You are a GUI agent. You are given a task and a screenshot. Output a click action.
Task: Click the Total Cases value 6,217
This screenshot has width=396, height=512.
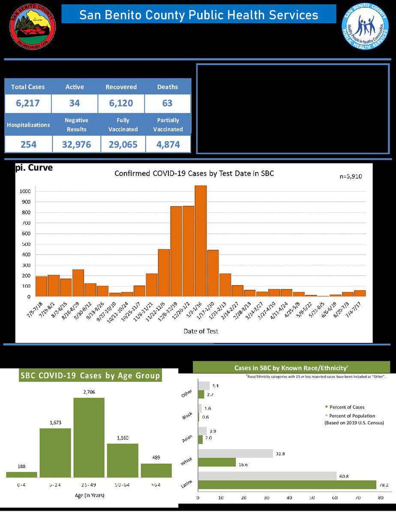(x=28, y=103)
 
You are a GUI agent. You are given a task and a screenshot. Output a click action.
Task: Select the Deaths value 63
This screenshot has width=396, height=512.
(x=167, y=103)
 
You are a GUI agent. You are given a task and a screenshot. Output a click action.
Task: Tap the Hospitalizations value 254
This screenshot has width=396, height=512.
(x=28, y=144)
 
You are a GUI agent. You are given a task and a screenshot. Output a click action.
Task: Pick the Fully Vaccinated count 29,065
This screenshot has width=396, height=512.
(x=123, y=144)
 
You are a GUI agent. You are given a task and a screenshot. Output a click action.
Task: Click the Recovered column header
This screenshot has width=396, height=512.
(x=121, y=87)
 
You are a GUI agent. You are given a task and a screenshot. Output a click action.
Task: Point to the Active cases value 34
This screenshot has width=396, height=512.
(x=75, y=103)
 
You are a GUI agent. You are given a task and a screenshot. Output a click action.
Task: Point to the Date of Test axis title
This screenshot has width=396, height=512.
(x=201, y=331)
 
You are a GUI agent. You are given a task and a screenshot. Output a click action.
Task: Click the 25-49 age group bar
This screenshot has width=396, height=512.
(x=89, y=437)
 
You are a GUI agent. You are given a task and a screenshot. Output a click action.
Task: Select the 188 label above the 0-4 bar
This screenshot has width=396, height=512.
(x=21, y=466)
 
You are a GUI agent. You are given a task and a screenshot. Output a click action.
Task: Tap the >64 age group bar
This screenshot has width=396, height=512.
(x=156, y=470)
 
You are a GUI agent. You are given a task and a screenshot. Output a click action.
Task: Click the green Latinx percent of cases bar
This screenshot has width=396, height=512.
(x=287, y=484)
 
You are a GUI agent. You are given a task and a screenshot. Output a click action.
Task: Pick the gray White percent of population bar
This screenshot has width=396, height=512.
(x=236, y=453)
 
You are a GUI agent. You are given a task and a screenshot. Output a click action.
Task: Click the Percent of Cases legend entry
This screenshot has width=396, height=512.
(x=347, y=407)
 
